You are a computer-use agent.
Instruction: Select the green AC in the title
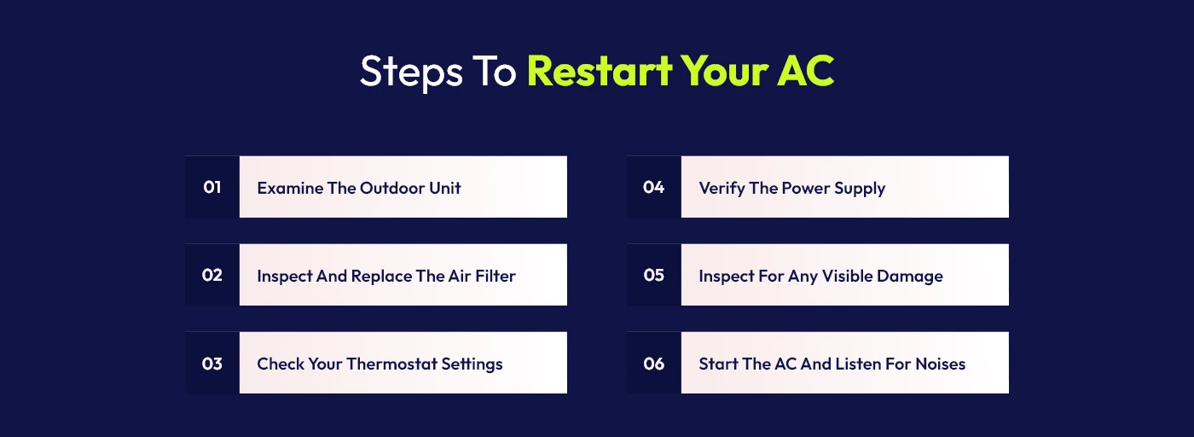click(804, 72)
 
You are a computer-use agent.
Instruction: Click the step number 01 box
click(212, 187)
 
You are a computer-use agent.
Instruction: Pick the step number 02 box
click(212, 275)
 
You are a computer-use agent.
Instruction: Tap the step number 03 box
click(212, 364)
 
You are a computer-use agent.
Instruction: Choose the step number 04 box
click(654, 187)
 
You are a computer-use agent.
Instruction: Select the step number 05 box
click(654, 275)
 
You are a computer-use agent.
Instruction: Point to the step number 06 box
click(654, 364)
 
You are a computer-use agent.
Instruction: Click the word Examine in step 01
click(290, 188)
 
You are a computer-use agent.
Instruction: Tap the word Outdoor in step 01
click(391, 188)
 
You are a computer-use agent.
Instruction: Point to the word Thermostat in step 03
click(391, 364)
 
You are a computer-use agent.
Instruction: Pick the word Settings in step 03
click(472, 364)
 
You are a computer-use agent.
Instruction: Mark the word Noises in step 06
click(940, 364)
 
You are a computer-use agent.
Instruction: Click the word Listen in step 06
click(862, 364)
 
